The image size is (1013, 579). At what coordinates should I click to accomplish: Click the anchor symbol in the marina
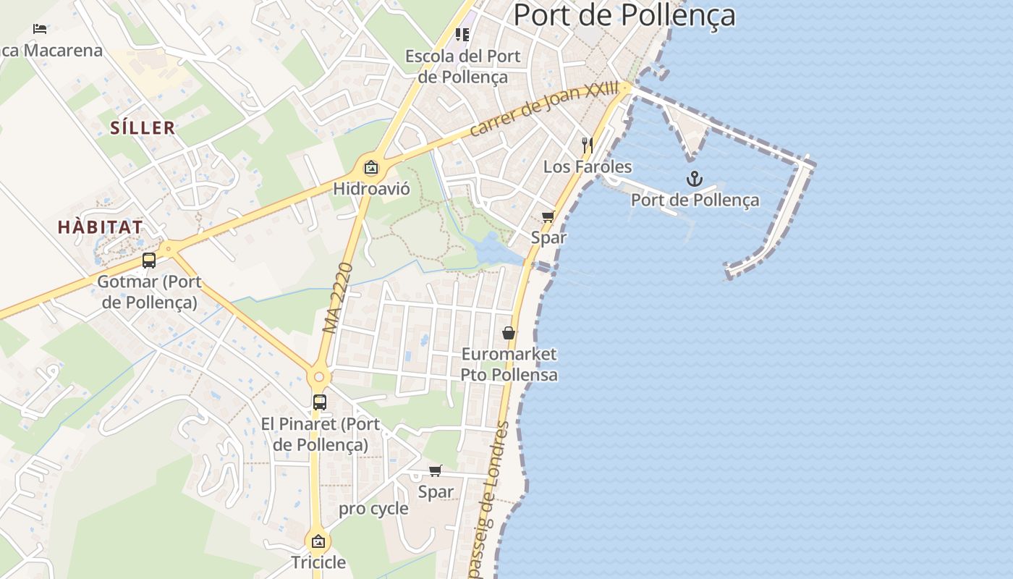coord(695,178)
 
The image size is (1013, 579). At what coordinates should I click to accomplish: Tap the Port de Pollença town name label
coord(624,15)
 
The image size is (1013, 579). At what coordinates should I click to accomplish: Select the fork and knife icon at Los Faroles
coord(588,145)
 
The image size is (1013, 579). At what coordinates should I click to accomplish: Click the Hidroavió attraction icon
coord(371,168)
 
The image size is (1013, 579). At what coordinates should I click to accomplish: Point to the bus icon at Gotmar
coord(149,261)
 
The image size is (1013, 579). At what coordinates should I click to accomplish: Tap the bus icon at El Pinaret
coord(320,402)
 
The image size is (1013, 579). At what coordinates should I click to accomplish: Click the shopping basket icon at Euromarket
coord(509,333)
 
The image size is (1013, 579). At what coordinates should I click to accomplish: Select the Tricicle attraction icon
coord(318,541)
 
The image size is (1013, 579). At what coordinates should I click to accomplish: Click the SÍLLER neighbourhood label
coord(143,128)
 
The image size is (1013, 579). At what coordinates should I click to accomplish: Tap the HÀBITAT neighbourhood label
coord(101,227)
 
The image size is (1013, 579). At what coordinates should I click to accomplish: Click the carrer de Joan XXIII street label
coord(544,109)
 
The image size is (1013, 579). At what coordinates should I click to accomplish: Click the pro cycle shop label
coord(373,509)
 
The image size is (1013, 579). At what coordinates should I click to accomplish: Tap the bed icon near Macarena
coord(41,29)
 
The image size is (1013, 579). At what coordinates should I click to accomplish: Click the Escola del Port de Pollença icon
coord(462,35)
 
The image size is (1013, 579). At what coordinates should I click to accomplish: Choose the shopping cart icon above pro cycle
coord(436,471)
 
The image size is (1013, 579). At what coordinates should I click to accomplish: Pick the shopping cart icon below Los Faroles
coord(548,217)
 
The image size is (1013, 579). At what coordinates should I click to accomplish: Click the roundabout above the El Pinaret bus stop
coord(319,376)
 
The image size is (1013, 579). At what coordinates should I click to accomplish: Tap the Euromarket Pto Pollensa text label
coord(509,364)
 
